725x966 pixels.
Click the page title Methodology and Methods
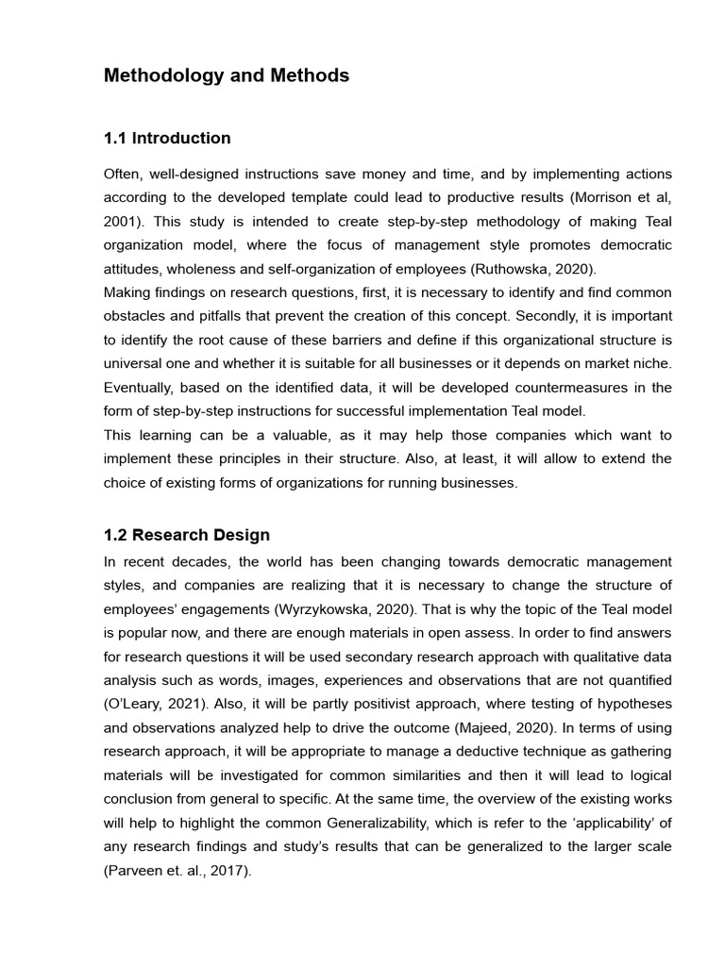tap(227, 76)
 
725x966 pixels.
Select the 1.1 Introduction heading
tap(167, 139)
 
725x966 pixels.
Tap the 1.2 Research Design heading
tap(187, 535)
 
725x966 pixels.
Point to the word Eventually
tap(141, 388)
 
